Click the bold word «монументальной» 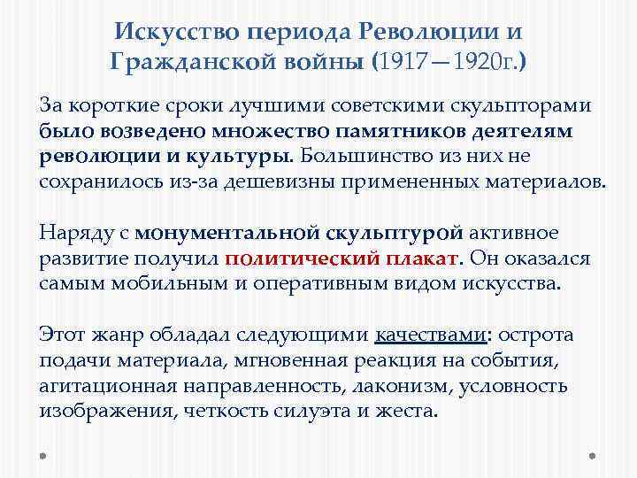[x=209, y=233]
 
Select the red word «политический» [x=298, y=258]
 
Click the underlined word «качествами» [x=429, y=335]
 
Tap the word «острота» [x=538, y=335]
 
